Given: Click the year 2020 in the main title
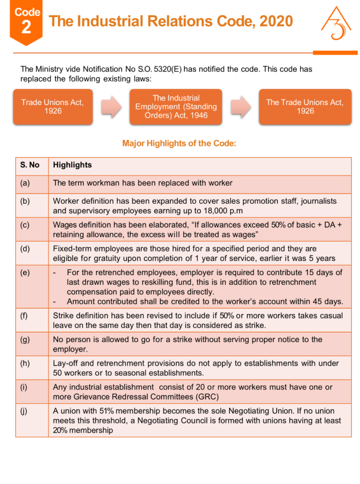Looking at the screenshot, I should click(275, 21).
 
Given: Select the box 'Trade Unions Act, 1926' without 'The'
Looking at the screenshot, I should click(52, 107).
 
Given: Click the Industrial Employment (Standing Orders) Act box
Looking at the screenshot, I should click(176, 107).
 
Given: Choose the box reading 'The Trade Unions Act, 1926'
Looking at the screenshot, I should click(305, 107).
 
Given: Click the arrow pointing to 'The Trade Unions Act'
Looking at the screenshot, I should click(241, 107).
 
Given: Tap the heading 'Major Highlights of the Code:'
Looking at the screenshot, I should click(179, 143).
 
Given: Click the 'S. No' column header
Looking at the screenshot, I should click(30, 165).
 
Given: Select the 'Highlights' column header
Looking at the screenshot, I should click(72, 165).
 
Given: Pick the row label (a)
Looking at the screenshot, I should click(25, 183).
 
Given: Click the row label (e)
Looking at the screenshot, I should click(25, 273).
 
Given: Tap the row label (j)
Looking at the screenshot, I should click(25, 411).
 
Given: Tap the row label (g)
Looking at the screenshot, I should click(25, 339).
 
